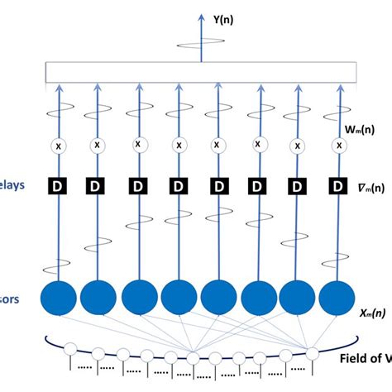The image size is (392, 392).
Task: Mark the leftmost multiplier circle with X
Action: [x=58, y=146]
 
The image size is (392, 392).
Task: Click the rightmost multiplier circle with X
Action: [x=337, y=146]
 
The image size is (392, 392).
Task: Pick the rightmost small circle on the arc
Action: [x=313, y=353]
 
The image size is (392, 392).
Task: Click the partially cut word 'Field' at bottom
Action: [x=357, y=359]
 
